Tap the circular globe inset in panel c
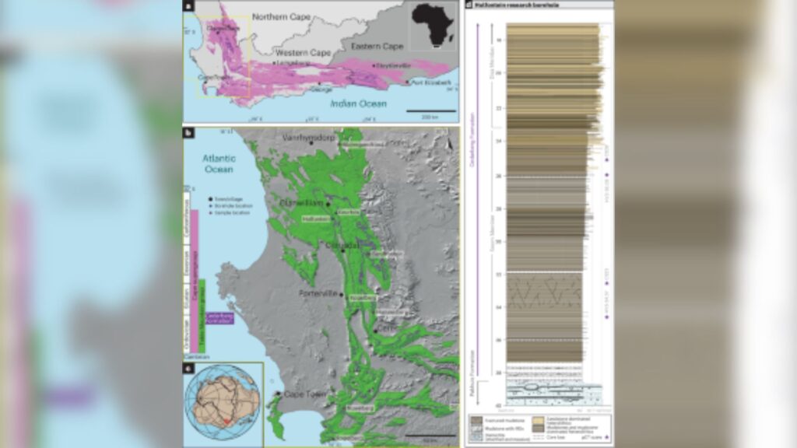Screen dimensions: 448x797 click(x=223, y=401)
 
